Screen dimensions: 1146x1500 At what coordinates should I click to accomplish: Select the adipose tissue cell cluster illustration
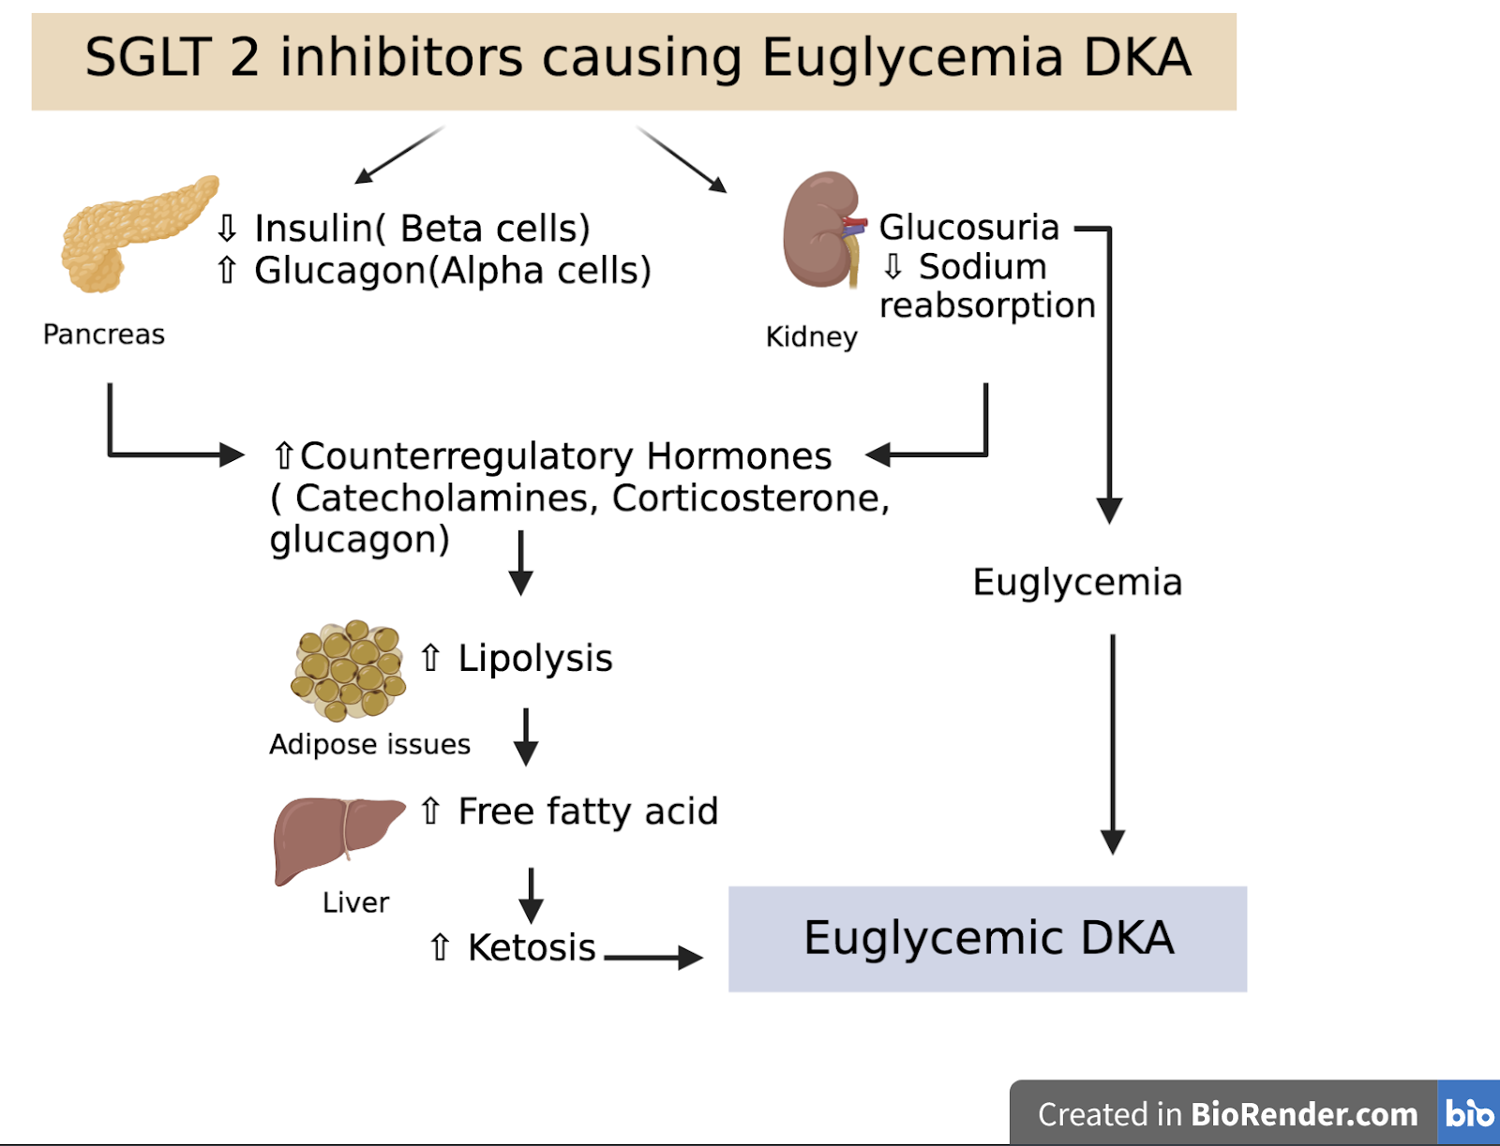tap(348, 670)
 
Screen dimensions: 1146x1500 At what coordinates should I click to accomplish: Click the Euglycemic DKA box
tap(987, 939)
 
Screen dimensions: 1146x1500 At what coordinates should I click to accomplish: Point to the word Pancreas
tap(104, 335)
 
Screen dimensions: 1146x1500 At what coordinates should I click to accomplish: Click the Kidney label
tap(811, 336)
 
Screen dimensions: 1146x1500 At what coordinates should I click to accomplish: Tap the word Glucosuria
tap(968, 227)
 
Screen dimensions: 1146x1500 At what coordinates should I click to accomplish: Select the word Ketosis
tap(532, 948)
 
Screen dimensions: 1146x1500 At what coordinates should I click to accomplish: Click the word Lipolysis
tap(534, 659)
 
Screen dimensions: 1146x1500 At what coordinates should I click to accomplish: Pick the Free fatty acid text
tap(588, 811)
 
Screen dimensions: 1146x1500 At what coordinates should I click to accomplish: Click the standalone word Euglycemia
tap(1077, 583)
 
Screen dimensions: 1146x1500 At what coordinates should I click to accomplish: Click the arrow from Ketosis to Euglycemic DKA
tap(652, 957)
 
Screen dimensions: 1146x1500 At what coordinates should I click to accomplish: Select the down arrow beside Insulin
tap(227, 228)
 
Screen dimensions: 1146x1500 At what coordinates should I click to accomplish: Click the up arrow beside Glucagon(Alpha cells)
tap(227, 270)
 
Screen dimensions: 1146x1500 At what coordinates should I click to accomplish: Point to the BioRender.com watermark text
tap(1303, 1114)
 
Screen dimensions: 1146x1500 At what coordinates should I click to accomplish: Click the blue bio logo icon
tap(1468, 1113)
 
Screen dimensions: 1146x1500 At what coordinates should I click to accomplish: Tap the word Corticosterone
tap(747, 499)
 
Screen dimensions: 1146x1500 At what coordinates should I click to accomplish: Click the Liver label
tap(355, 902)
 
